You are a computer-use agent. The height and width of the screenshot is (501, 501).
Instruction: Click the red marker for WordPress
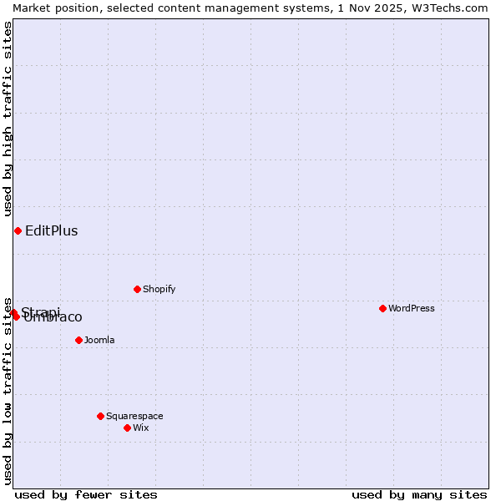click(382, 308)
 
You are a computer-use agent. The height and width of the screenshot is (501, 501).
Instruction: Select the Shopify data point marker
click(137, 289)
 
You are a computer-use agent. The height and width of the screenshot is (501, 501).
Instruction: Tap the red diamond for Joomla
click(78, 340)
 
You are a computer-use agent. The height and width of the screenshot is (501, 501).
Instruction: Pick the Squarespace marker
click(100, 416)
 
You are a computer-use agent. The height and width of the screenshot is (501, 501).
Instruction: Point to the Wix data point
click(127, 428)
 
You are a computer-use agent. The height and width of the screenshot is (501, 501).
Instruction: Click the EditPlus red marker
click(18, 230)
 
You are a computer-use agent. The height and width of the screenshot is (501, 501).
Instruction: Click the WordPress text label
click(412, 308)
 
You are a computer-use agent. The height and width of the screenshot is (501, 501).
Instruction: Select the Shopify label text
click(159, 289)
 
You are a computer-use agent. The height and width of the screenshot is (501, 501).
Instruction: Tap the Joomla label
click(99, 340)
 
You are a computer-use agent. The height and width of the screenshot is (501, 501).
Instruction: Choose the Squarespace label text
click(134, 416)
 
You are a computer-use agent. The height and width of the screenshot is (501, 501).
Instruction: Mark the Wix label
click(140, 428)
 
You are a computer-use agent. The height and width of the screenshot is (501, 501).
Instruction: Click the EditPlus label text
click(51, 231)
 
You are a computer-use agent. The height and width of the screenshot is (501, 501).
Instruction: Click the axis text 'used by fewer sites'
click(86, 494)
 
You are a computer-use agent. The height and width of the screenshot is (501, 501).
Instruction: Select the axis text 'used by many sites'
click(419, 494)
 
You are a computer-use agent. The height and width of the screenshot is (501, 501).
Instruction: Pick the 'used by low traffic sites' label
click(8, 390)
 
